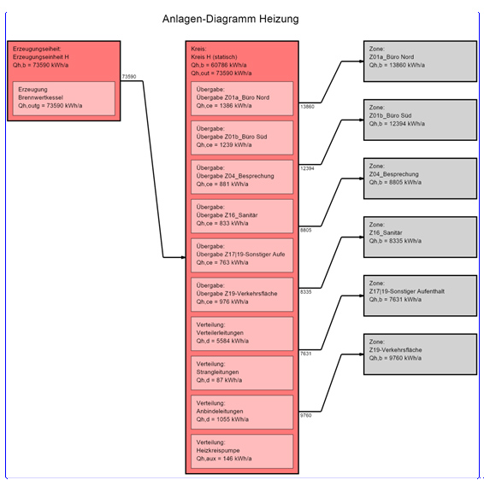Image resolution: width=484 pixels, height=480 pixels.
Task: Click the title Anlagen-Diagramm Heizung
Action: pos(230,19)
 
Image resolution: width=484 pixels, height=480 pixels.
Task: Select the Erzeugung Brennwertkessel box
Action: pos(64,98)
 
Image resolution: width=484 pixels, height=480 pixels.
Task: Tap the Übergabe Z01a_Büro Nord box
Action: pos(242,98)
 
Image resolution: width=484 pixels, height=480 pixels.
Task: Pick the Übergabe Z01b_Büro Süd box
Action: pos(242,138)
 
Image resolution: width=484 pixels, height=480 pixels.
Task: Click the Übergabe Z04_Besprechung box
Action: pos(242,177)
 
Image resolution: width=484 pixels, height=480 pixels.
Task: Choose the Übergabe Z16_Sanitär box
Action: pos(242,216)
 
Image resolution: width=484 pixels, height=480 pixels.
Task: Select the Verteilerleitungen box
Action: pos(242,334)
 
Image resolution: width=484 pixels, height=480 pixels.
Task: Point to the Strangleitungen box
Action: pos(242,372)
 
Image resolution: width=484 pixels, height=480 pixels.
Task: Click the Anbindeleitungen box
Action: pos(242,412)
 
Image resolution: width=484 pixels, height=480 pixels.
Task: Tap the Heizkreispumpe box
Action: pos(242,451)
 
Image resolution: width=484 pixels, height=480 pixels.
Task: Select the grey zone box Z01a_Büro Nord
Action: pos(420,61)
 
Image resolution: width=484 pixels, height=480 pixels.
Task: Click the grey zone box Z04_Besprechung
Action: pos(420,179)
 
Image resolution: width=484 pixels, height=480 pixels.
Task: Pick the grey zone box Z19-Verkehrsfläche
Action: pos(420,354)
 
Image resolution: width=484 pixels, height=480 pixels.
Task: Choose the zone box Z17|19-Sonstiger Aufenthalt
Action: pos(420,296)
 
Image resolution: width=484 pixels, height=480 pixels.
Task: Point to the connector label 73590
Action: pos(129,77)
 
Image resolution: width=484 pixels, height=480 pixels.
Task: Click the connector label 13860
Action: pos(307,107)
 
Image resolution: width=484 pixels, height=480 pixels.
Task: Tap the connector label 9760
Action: pos(306,415)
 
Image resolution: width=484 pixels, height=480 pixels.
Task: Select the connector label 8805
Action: pos(306,230)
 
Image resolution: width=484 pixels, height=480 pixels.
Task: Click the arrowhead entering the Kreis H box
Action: pos(183,257)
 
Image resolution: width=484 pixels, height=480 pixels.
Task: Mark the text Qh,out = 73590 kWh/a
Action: pos(221,73)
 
